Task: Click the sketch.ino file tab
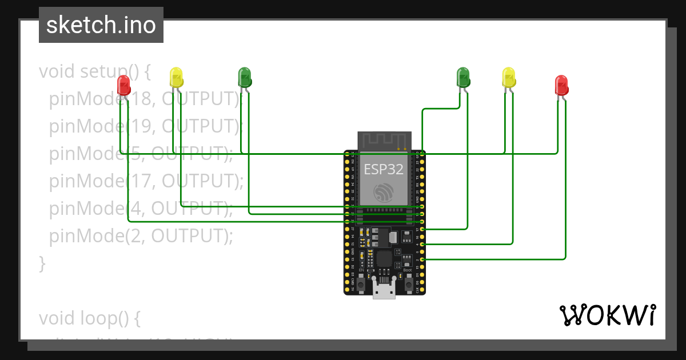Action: coord(101,25)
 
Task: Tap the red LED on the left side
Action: coord(123,85)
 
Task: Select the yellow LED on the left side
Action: coord(176,77)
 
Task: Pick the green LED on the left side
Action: coord(244,77)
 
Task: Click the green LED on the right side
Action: coord(462,77)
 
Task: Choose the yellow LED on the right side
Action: coord(508,77)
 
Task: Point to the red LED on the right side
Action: coord(561,85)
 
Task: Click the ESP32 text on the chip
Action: coord(384,169)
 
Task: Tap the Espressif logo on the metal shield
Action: coord(384,193)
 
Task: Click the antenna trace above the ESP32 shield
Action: coord(384,140)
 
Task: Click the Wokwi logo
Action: coord(607,315)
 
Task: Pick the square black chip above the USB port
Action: coord(384,258)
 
